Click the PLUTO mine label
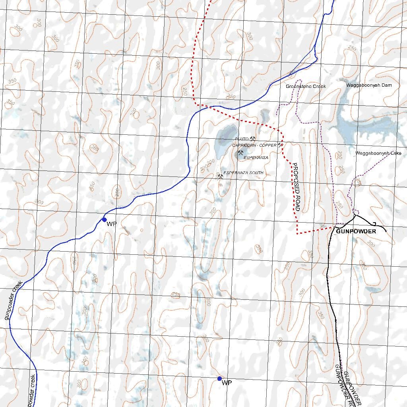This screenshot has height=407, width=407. [x=242, y=139]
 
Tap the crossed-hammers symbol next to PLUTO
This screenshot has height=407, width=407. [x=252, y=138]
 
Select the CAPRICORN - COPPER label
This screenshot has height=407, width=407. [x=254, y=145]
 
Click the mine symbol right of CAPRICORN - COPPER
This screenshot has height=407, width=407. [x=281, y=145]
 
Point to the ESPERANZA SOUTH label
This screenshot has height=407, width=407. [x=243, y=173]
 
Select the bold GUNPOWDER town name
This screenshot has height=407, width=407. [x=356, y=231]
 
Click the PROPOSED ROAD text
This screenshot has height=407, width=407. [x=297, y=187]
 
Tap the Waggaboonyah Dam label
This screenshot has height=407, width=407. [x=363, y=85]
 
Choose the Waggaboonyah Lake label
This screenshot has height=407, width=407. [x=378, y=153]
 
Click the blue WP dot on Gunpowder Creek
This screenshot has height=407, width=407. [x=104, y=219]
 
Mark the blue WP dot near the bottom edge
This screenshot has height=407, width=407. [x=219, y=378]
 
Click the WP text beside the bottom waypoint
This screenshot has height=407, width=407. [x=227, y=383]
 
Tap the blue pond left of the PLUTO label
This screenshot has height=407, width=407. [x=225, y=141]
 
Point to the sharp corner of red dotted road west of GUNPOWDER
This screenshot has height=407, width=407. [x=298, y=233]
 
